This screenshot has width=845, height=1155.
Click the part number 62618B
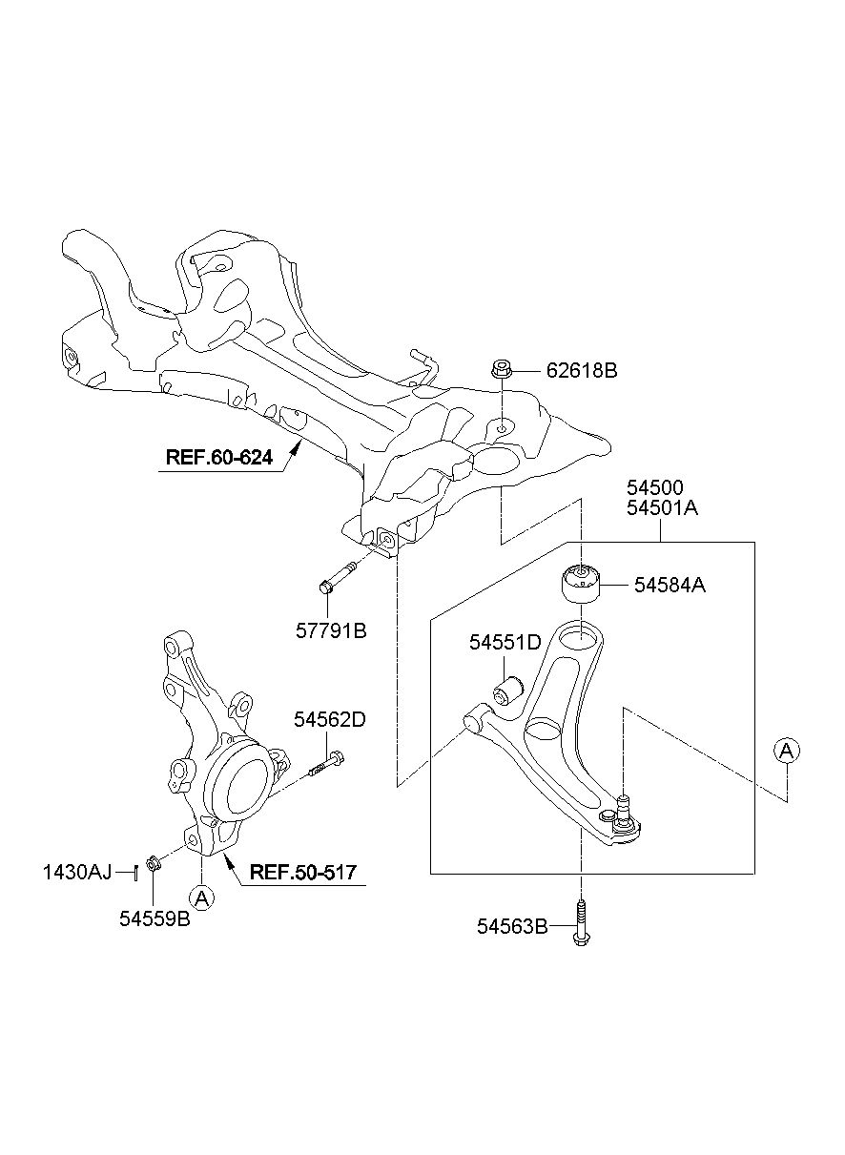(582, 371)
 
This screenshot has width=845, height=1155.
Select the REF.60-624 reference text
(219, 457)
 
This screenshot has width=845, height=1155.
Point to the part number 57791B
(331, 630)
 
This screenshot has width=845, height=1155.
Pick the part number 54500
(655, 487)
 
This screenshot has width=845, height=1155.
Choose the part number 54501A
(662, 508)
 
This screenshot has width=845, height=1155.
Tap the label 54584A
(670, 586)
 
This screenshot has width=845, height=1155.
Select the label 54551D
(505, 642)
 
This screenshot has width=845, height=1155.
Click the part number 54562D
(330, 720)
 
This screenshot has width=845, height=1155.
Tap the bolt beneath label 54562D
(326, 764)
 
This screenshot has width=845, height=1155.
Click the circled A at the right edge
(787, 752)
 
